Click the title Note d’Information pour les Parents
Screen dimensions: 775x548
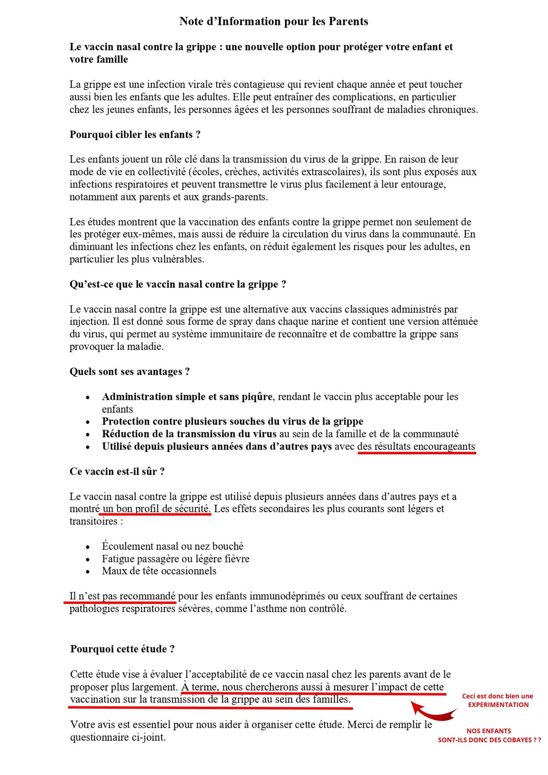coord(273,21)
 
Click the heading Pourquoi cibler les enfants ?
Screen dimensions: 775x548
coord(135,134)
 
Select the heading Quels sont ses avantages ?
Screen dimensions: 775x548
coord(129,371)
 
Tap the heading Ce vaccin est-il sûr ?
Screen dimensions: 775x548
coord(117,471)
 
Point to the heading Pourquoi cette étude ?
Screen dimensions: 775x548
coord(122,649)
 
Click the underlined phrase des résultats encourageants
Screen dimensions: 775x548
coord(416,446)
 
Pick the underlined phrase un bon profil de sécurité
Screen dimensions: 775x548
coord(156,508)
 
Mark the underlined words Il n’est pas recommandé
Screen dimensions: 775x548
coord(122,596)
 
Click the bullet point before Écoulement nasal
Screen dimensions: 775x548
coord(88,547)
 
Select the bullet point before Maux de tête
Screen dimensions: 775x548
coord(88,572)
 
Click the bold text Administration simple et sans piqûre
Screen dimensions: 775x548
coord(187,397)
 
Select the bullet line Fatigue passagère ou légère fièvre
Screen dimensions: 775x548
coord(175,559)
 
